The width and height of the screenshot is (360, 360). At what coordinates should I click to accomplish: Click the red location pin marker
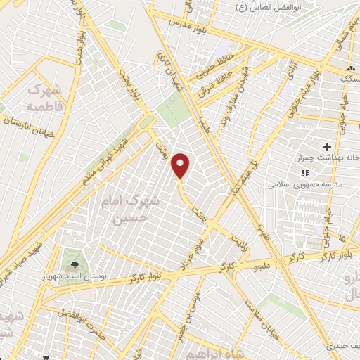pos(181,165)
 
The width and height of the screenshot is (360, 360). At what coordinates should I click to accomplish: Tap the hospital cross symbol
pos(326,147)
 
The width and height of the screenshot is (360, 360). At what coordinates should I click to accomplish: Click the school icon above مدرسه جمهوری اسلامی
pos(304,172)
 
